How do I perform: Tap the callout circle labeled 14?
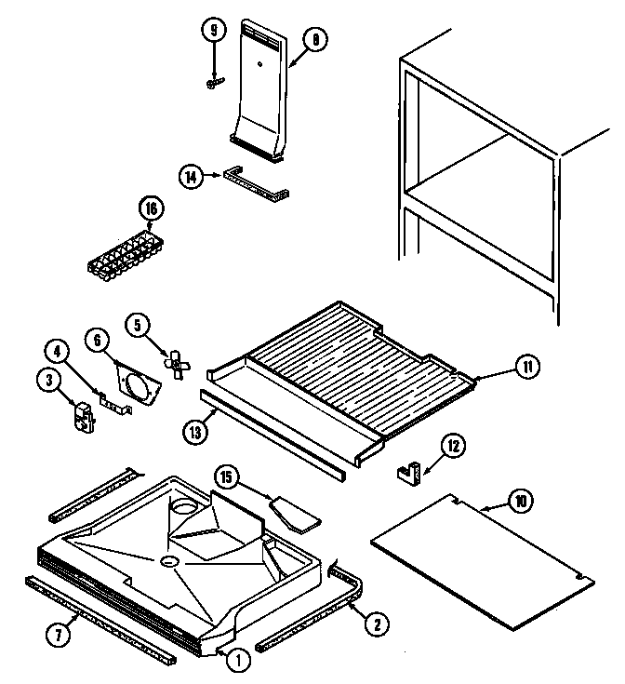tap(190, 176)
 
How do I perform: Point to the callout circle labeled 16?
tap(148, 209)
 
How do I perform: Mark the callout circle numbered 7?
tap(58, 637)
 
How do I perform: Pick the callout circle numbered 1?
tap(238, 662)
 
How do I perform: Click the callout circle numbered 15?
tap(225, 477)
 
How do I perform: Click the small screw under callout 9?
tap(213, 84)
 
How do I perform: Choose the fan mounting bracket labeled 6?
tap(137, 383)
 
